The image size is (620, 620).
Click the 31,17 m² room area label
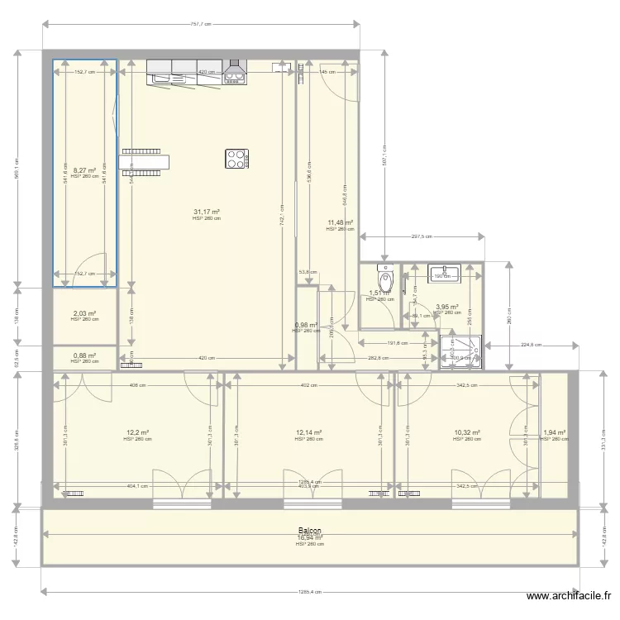[207, 212]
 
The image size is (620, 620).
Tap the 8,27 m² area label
[84, 169]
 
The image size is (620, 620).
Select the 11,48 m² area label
[340, 222]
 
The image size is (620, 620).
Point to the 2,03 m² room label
[84, 313]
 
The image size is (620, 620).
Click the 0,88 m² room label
[84, 355]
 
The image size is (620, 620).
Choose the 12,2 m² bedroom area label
[137, 432]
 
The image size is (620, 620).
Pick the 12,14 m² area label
[308, 432]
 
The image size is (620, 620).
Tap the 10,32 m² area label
[467, 432]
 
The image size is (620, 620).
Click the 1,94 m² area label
[555, 432]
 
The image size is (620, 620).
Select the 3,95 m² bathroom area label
[447, 306]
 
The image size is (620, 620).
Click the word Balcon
[310, 531]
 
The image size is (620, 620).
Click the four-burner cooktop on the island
[237, 158]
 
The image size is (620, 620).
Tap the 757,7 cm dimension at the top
[201, 25]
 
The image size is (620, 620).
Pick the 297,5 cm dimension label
[422, 236]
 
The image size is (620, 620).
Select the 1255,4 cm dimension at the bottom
[310, 592]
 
